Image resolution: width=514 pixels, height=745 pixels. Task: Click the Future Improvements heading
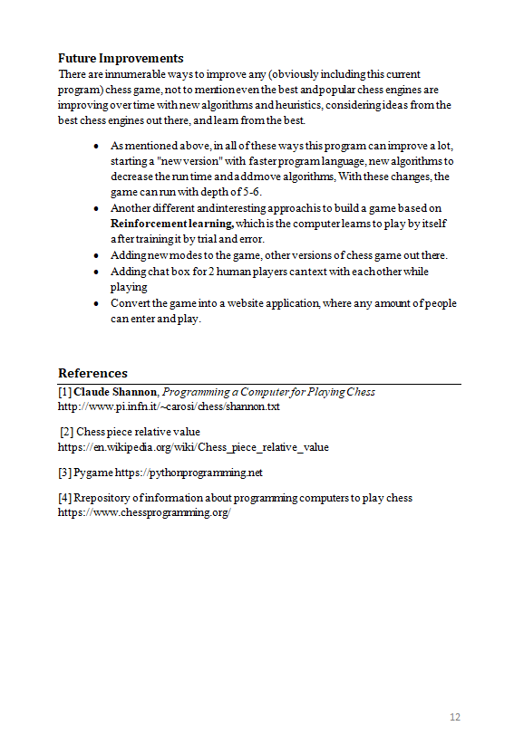(121, 59)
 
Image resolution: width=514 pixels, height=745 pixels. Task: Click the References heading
(92, 373)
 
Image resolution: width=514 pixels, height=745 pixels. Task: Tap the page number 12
(455, 718)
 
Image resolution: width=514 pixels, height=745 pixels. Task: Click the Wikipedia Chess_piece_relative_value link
(193, 447)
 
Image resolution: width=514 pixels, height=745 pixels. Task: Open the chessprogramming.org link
(144, 512)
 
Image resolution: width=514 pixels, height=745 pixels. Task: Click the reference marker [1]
(64, 392)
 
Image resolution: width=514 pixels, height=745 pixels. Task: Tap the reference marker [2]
(67, 432)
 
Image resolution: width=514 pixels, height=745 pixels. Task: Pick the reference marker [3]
(64, 473)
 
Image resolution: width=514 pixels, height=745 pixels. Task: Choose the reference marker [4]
(64, 498)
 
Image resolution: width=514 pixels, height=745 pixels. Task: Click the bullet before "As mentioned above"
(97, 146)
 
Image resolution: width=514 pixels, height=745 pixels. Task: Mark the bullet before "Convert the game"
(97, 303)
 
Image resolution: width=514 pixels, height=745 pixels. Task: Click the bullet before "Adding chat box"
(97, 272)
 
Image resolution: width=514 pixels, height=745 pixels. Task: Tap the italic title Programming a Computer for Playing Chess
(268, 392)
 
